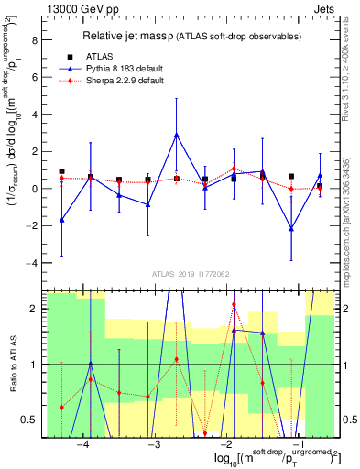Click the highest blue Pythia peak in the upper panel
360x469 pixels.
pos(176,135)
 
